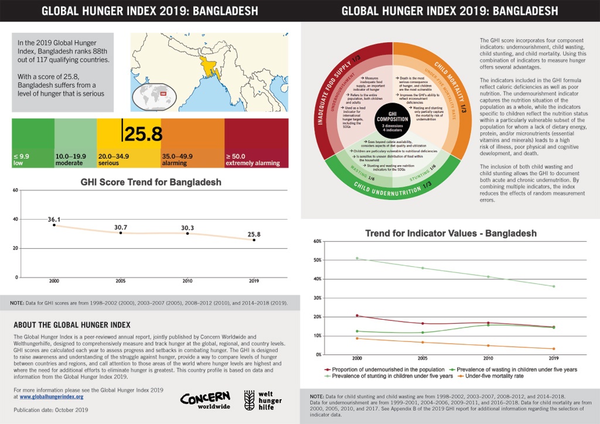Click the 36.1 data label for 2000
click(x=54, y=219)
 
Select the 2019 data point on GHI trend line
click(x=254, y=240)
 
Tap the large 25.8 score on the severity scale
click(x=142, y=134)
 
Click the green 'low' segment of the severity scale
click(x=33, y=143)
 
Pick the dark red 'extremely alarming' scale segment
click(x=256, y=143)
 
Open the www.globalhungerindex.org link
click(x=52, y=396)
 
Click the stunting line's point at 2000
click(x=357, y=258)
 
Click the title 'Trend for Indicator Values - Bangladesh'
click(x=451, y=233)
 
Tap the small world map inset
click(x=154, y=97)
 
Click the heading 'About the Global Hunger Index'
click(x=71, y=324)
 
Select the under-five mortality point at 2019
click(x=553, y=349)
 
